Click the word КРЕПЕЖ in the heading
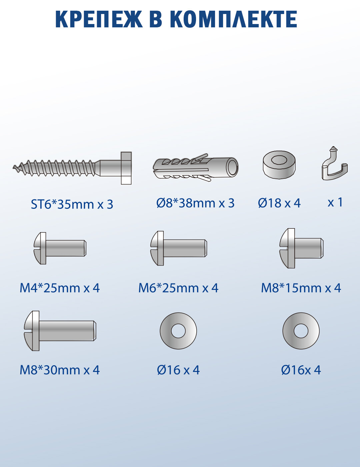(99, 19)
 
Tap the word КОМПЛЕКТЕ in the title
(234, 19)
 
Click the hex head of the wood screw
(126, 168)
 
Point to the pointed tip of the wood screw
(13, 167)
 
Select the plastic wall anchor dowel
(196, 168)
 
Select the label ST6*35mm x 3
(72, 204)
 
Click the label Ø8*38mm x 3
(196, 203)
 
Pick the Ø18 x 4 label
(279, 203)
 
